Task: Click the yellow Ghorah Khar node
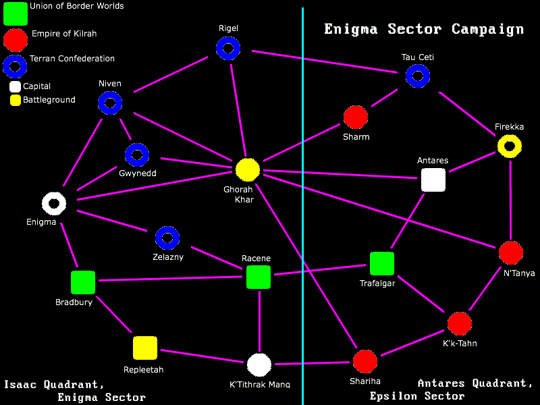(x=248, y=170)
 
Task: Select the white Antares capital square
(x=433, y=180)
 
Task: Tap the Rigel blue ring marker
(x=228, y=48)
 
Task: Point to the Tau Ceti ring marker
(x=418, y=76)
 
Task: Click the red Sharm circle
(x=356, y=117)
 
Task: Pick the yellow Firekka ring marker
(x=510, y=146)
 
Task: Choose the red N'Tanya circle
(x=511, y=253)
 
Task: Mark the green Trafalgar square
(x=381, y=264)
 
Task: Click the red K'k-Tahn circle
(x=460, y=324)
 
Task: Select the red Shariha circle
(x=365, y=362)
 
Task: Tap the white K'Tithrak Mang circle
(x=259, y=364)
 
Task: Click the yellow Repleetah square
(x=145, y=348)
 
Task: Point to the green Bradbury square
(x=83, y=283)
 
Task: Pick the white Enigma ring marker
(x=54, y=202)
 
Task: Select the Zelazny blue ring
(x=167, y=238)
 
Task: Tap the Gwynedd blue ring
(x=137, y=155)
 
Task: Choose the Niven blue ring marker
(x=109, y=103)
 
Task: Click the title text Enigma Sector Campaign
(x=424, y=29)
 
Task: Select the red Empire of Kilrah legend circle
(x=16, y=40)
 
